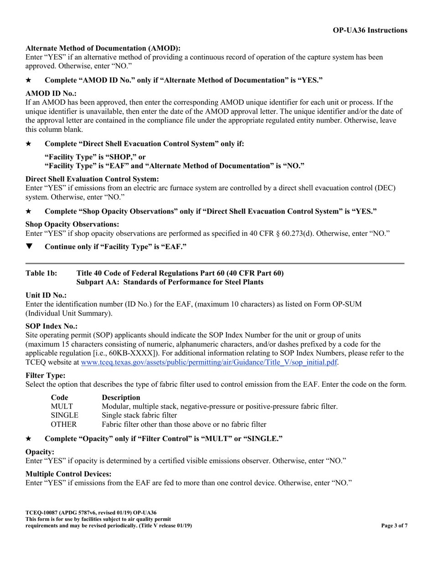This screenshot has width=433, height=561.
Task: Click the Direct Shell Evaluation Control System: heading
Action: (92, 179)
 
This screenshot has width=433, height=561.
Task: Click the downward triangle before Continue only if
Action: (29, 247)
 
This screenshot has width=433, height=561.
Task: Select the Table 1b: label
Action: (41, 273)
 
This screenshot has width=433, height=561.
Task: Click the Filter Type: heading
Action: (46, 375)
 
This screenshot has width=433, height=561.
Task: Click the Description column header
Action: (121, 397)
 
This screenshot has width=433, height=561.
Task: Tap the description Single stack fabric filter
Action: (139, 416)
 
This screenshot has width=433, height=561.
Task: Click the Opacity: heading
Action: (40, 452)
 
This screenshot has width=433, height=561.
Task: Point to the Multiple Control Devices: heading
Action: (68, 474)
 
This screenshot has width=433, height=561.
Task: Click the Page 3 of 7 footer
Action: (394, 526)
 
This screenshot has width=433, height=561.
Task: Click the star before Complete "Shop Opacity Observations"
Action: (29, 212)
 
